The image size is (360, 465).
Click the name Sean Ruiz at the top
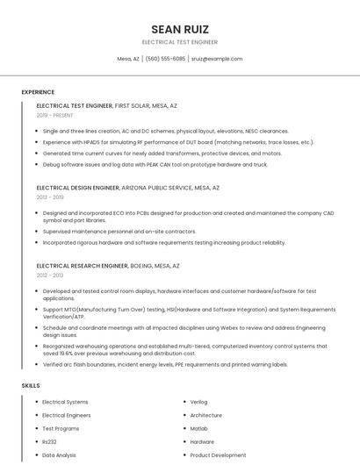coord(180,29)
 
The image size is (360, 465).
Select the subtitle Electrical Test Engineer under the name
coord(180,42)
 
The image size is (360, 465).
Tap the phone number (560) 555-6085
coord(165,59)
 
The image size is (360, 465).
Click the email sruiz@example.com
coord(217,59)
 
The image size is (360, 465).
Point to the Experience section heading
coord(38,91)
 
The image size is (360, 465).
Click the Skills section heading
coord(31,385)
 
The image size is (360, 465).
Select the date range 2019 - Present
coord(54,115)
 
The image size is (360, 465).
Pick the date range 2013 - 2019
coord(49,197)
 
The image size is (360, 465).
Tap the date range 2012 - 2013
coord(49,275)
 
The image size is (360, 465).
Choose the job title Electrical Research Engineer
coord(82,265)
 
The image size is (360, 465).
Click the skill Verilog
coord(200,402)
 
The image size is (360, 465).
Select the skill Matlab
coord(199,428)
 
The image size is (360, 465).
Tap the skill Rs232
coord(50,441)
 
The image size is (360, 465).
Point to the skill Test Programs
coord(61,428)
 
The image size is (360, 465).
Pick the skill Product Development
coord(218,455)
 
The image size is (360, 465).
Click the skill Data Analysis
coord(60,455)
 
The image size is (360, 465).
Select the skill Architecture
coord(206,415)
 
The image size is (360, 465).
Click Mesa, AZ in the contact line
coord(128,59)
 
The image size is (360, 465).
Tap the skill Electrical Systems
coord(65,402)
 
